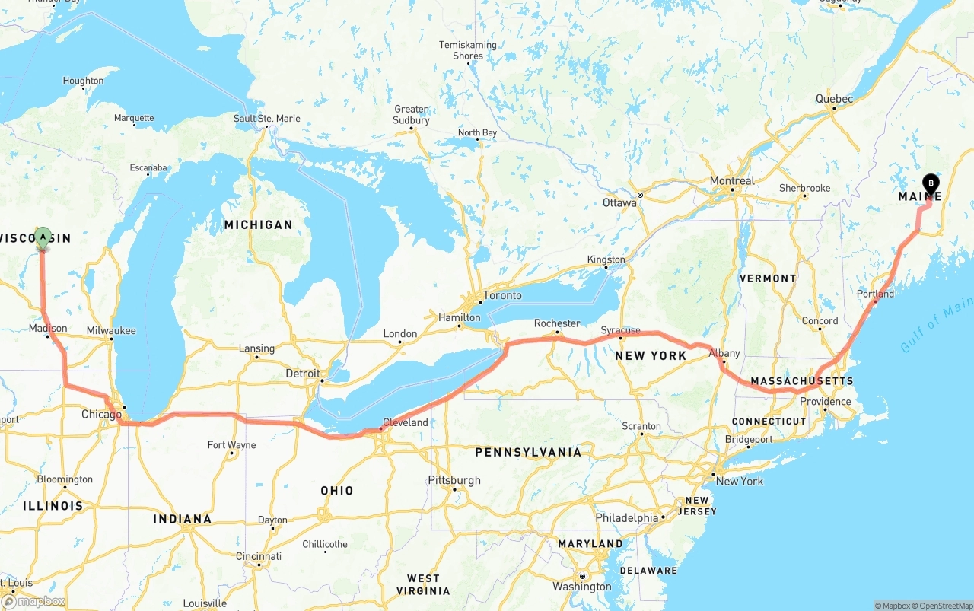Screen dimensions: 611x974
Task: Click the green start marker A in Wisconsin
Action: [43, 238]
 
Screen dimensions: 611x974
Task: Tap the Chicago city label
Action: [101, 415]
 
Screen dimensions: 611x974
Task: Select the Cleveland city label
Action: [406, 422]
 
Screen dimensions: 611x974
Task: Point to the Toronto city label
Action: [502, 295]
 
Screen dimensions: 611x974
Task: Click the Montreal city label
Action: [731, 181]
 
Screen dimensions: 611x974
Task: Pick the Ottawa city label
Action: [619, 203]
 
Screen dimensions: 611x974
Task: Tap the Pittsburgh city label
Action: [454, 480]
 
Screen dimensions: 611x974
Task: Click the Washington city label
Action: [582, 587]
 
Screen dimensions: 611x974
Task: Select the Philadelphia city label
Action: [627, 517]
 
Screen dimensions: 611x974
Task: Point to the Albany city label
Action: [724, 354]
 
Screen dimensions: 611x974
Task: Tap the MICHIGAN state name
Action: [258, 224]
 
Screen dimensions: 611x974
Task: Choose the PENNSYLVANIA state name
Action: [528, 452]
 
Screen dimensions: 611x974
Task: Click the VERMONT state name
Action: [768, 278]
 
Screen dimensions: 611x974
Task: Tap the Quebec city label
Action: [834, 99]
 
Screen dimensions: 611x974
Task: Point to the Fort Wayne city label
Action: [231, 445]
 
